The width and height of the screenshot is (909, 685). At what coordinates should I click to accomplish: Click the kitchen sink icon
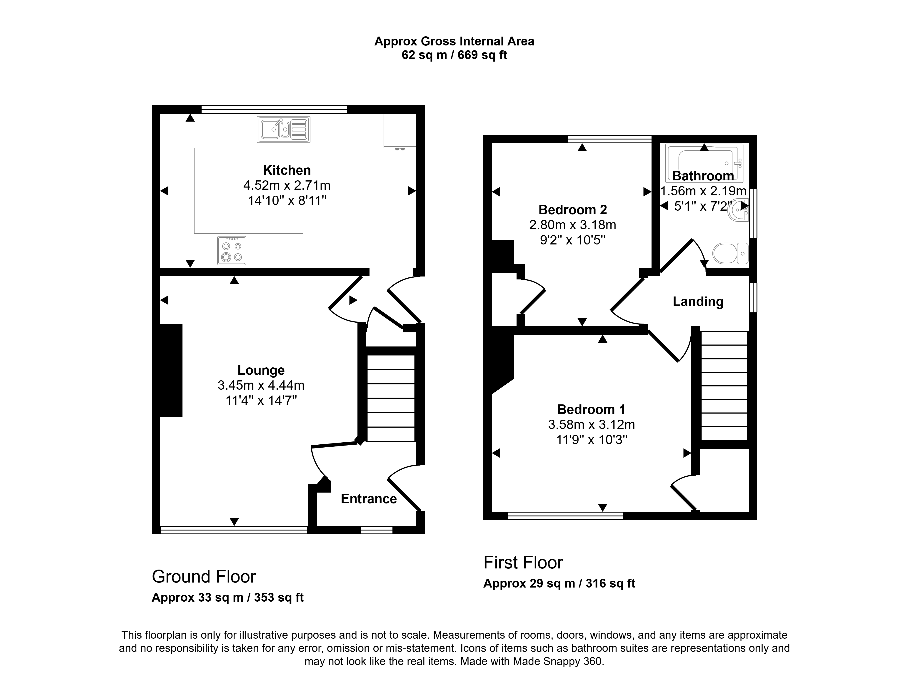click(x=284, y=130)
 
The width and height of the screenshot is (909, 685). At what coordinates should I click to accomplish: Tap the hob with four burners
click(x=232, y=250)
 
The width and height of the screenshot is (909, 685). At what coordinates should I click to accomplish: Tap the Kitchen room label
click(x=287, y=170)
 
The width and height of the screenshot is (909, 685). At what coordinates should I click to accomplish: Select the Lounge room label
click(x=261, y=370)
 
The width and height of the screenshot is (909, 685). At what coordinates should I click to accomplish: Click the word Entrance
click(x=369, y=499)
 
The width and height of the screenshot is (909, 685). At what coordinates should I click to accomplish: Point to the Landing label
click(x=698, y=302)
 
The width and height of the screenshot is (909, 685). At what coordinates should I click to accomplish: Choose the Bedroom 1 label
click(x=591, y=409)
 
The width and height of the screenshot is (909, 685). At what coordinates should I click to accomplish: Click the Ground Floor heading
click(x=204, y=577)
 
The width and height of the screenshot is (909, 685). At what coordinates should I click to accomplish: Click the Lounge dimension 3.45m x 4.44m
click(x=261, y=386)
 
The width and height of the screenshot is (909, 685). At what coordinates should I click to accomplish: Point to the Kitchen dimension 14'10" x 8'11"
click(x=287, y=201)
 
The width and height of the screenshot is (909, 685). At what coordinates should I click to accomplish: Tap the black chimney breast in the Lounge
click(x=171, y=371)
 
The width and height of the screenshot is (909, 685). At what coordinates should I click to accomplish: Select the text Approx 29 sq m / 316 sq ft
click(x=559, y=583)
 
